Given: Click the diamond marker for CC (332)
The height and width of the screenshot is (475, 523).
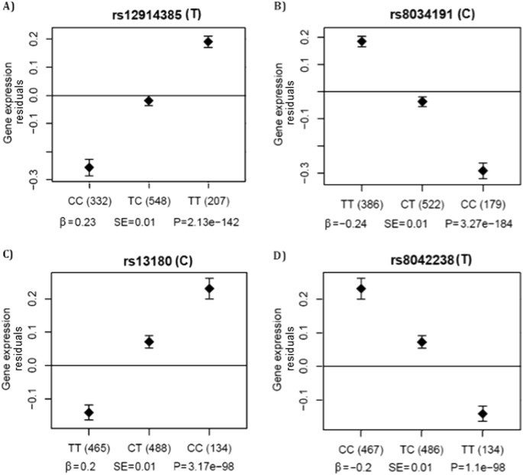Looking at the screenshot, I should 89,167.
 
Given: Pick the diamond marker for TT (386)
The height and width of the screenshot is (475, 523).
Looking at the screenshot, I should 362,41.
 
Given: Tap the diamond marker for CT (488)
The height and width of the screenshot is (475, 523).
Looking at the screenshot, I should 149,342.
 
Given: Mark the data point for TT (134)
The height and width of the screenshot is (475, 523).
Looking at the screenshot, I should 483,414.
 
